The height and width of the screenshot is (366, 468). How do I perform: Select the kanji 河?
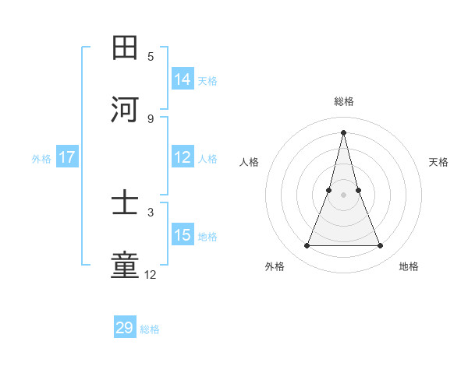tap(125, 110)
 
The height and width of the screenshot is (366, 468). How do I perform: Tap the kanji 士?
tap(125, 204)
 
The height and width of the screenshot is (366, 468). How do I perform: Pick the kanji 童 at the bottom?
tap(125, 266)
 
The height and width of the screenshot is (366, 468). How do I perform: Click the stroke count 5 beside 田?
tap(151, 56)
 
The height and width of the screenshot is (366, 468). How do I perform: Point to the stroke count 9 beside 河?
tap(151, 118)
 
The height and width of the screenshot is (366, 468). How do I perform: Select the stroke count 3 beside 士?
tap(151, 212)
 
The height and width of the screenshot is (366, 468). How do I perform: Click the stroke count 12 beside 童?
tap(151, 274)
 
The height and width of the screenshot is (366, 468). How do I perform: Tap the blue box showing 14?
tap(183, 79)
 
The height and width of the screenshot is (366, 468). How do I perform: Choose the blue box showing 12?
tap(183, 157)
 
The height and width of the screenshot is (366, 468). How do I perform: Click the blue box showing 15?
tap(183, 235)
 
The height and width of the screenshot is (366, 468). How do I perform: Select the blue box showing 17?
tap(67, 157)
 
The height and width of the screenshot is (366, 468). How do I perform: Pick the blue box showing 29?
tap(125, 328)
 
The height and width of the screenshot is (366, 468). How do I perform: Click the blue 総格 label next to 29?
tap(150, 329)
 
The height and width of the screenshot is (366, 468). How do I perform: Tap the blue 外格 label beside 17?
tap(41, 158)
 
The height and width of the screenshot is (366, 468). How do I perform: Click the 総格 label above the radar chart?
tap(343, 101)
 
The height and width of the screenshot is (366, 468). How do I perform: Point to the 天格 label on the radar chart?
tap(438, 162)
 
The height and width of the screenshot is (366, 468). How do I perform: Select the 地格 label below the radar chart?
tap(409, 266)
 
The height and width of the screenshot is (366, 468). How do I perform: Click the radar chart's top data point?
tap(343, 132)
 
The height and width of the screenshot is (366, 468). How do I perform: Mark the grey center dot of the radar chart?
tap(343, 194)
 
